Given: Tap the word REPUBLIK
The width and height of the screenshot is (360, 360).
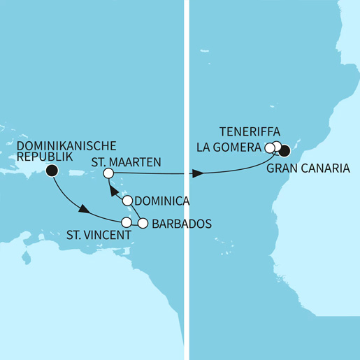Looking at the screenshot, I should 41,159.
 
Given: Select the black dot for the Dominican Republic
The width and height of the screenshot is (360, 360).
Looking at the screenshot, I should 51,171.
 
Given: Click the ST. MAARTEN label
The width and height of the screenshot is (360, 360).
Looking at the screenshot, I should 127,162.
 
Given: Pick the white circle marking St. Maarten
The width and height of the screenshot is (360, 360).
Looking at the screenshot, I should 108,173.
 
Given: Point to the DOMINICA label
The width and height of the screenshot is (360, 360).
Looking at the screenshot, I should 162,201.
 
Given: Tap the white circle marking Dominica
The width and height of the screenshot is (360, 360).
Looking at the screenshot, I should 128,201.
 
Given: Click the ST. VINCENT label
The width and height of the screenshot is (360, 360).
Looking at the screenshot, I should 98,236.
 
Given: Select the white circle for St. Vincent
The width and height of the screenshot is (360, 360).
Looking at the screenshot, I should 127,223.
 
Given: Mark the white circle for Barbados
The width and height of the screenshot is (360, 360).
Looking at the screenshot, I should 143,224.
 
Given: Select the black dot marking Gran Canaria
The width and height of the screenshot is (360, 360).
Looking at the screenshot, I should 285,149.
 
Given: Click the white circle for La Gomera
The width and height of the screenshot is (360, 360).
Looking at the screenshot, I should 270,147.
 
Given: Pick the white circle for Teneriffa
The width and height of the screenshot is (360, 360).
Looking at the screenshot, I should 277,146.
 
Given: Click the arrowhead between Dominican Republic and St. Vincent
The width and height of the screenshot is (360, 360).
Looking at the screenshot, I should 84,210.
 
